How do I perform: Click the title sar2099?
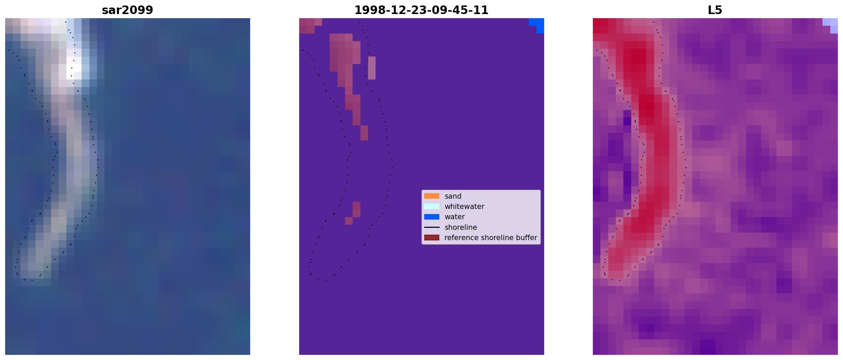pyautogui.click(x=127, y=10)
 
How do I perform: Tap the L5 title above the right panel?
pyautogui.click(x=715, y=10)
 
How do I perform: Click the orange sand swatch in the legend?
pyautogui.click(x=431, y=196)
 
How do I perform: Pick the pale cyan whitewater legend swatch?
pyautogui.click(x=431, y=206)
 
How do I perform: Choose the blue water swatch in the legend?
pyautogui.click(x=431, y=217)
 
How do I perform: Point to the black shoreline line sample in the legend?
pyautogui.click(x=431, y=227)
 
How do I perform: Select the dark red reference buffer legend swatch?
pyautogui.click(x=431, y=238)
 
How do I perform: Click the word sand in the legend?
pyautogui.click(x=453, y=196)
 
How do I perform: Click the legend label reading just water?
pyautogui.click(x=454, y=217)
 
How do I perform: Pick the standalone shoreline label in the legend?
pyautogui.click(x=461, y=227)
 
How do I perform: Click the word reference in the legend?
pyautogui.click(x=460, y=238)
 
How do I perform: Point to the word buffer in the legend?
pyautogui.click(x=528, y=238)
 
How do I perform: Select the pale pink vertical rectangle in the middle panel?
pyautogui.click(x=371, y=68)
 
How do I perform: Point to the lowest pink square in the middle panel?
pyautogui.click(x=349, y=221)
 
